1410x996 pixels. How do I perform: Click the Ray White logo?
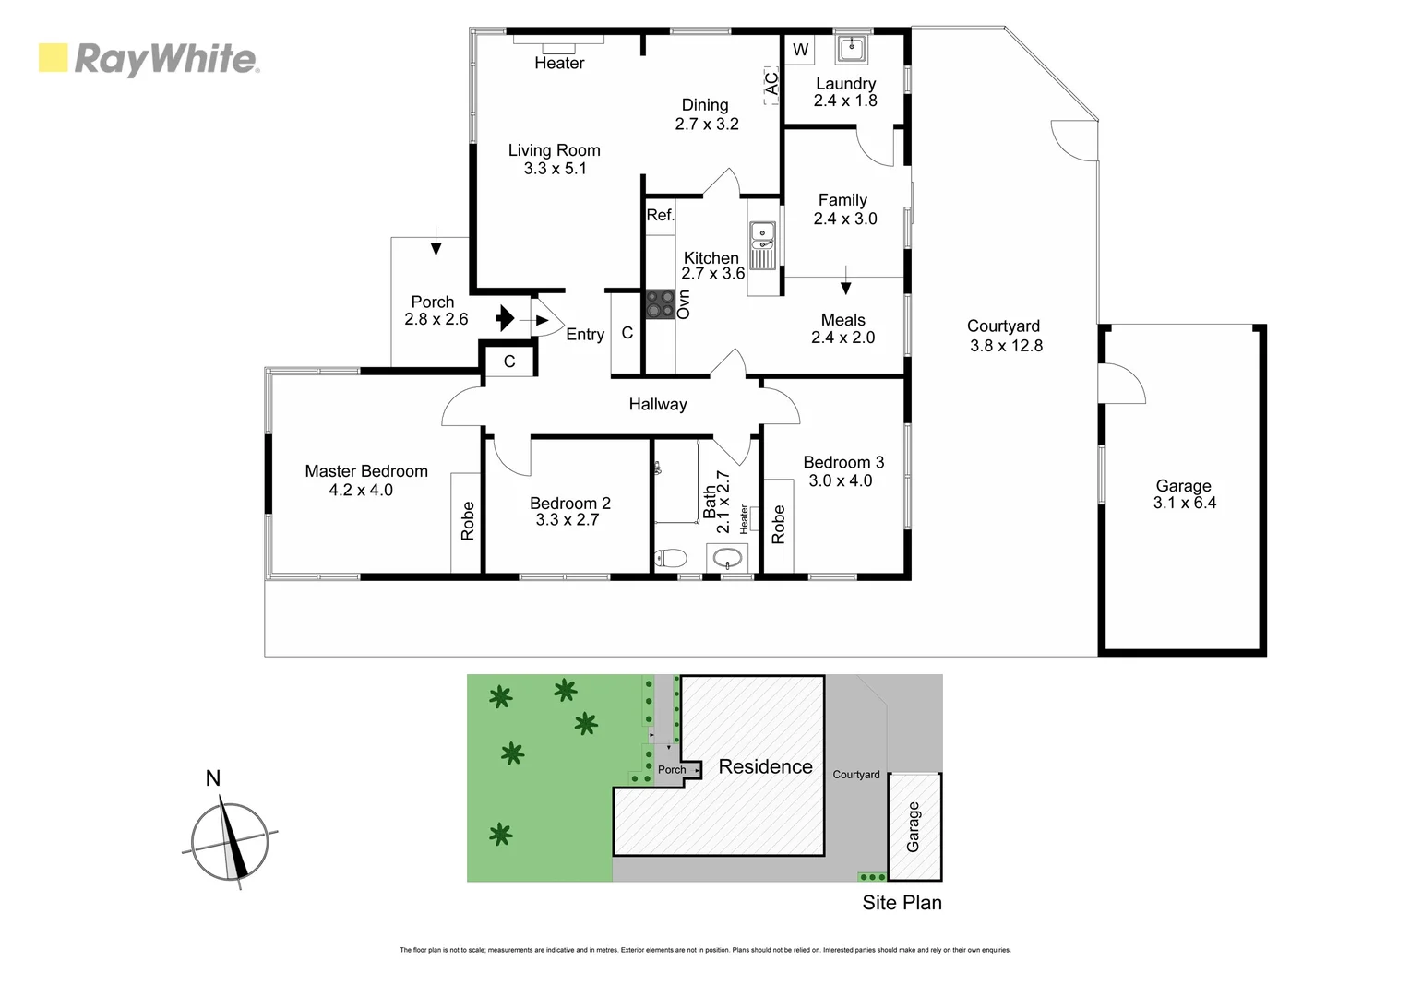click(x=149, y=59)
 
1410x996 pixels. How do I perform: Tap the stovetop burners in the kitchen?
click(x=660, y=303)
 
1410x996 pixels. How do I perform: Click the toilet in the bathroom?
click(x=670, y=558)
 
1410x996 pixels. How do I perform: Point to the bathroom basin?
click(x=728, y=558)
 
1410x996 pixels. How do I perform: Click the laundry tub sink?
click(x=851, y=48)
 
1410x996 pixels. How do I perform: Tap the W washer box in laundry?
click(x=800, y=51)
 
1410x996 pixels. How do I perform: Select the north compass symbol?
click(x=230, y=840)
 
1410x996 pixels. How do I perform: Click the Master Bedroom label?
click(x=366, y=471)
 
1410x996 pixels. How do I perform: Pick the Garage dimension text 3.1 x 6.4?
click(x=1184, y=503)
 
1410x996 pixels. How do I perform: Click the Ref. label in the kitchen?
click(x=660, y=215)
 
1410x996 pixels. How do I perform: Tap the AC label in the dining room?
click(x=771, y=82)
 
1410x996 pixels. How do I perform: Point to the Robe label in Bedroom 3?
click(x=778, y=524)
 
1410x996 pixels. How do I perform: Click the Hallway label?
click(x=658, y=404)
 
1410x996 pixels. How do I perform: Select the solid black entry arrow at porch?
click(x=505, y=319)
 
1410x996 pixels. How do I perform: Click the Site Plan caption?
click(x=902, y=903)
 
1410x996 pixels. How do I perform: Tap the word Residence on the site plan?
click(x=765, y=766)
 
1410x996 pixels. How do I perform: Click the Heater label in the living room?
click(x=559, y=63)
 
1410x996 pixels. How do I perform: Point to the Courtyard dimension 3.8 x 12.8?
click(x=1006, y=346)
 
